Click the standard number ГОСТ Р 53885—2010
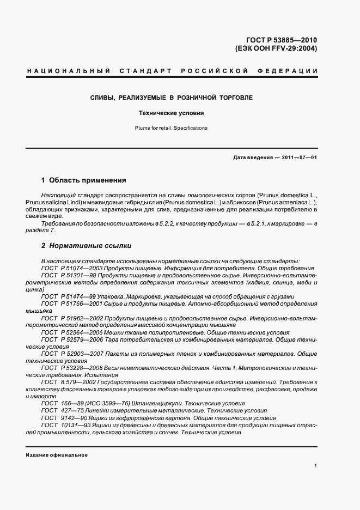pyautogui.click(x=283, y=40)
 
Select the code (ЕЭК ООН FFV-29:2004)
pyautogui.click(x=276, y=48)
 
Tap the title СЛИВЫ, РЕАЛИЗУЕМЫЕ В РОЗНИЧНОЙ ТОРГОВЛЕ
pyautogui.click(x=171, y=98)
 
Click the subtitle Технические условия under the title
pyautogui.click(x=171, y=114)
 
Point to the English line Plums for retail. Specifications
pyautogui.click(x=171, y=128)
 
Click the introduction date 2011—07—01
pyautogui.click(x=299, y=157)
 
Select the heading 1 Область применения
pyautogui.click(x=84, y=180)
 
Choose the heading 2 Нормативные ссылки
pyautogui.click(x=87, y=246)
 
